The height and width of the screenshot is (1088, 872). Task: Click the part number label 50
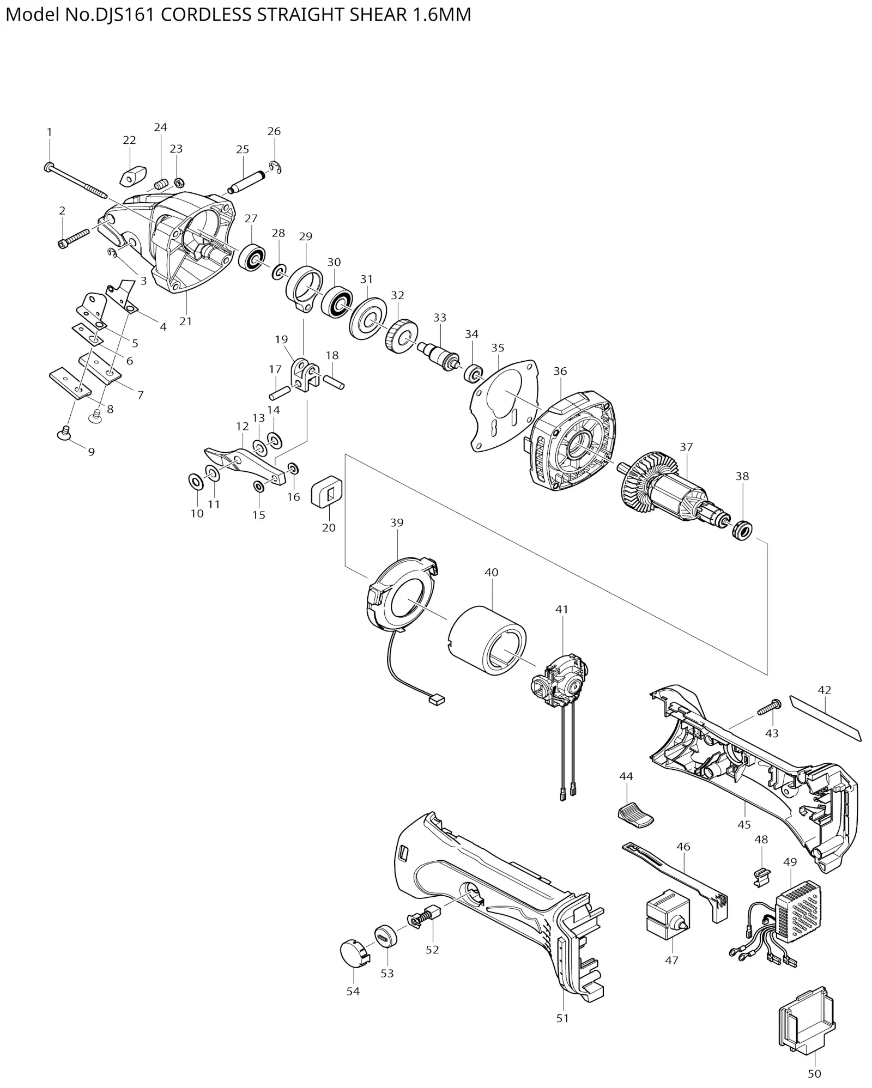click(814, 1073)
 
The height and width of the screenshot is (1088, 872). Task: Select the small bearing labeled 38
click(742, 529)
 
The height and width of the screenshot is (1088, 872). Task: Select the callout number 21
click(186, 321)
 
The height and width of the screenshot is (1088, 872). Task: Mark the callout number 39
click(397, 522)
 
